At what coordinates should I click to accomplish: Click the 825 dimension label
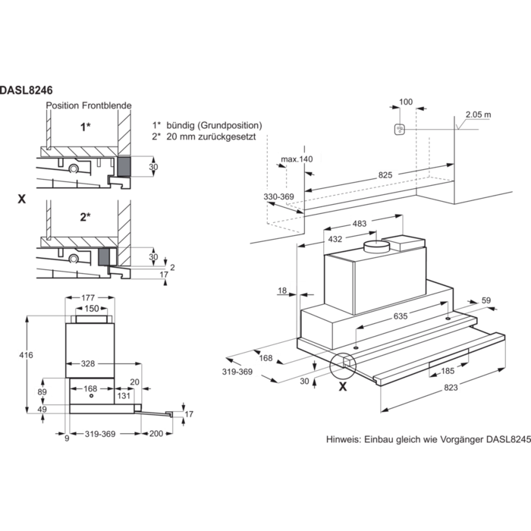tap(385, 175)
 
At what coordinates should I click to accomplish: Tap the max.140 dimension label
tap(297, 159)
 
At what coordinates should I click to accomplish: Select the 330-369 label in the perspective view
tap(278, 196)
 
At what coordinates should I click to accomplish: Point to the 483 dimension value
tap(360, 222)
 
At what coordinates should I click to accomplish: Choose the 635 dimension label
tap(401, 315)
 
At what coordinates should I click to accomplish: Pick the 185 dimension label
tap(448, 371)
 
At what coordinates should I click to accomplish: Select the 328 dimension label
tap(88, 364)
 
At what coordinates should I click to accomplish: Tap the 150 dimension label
tap(91, 309)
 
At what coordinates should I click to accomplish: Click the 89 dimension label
tap(41, 391)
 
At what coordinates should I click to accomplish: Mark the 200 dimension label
tap(156, 433)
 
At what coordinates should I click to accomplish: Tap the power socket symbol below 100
tap(399, 130)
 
